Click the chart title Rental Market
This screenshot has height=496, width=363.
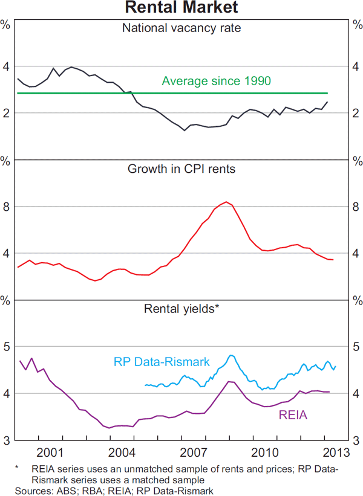click(x=181, y=8)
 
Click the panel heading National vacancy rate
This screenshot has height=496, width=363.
click(x=181, y=28)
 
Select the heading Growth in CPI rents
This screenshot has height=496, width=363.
click(x=181, y=169)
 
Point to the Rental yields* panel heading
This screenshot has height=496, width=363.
click(x=181, y=309)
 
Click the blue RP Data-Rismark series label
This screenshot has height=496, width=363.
click(x=162, y=362)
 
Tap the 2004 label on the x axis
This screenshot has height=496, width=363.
click(x=121, y=453)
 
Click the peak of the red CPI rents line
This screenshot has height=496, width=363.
click(x=226, y=202)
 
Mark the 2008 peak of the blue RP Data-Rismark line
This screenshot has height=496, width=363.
click(x=231, y=355)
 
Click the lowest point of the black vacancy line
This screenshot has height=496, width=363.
click(x=185, y=130)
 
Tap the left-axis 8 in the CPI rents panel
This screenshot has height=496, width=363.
click(x=7, y=207)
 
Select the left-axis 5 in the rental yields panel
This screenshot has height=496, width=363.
click(x=7, y=347)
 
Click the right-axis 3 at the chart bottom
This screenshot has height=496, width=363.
click(x=356, y=440)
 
